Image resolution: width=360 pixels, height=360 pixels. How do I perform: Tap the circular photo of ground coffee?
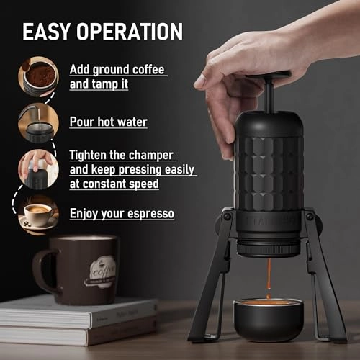pos(37,76)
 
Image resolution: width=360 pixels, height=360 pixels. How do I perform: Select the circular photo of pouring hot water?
pos(37,122)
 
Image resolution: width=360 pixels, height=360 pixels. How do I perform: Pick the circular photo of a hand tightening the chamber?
pos(37,168)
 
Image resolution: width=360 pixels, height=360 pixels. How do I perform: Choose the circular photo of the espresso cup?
pos(37,213)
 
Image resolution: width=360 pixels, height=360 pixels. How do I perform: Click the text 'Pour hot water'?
pos(109,122)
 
